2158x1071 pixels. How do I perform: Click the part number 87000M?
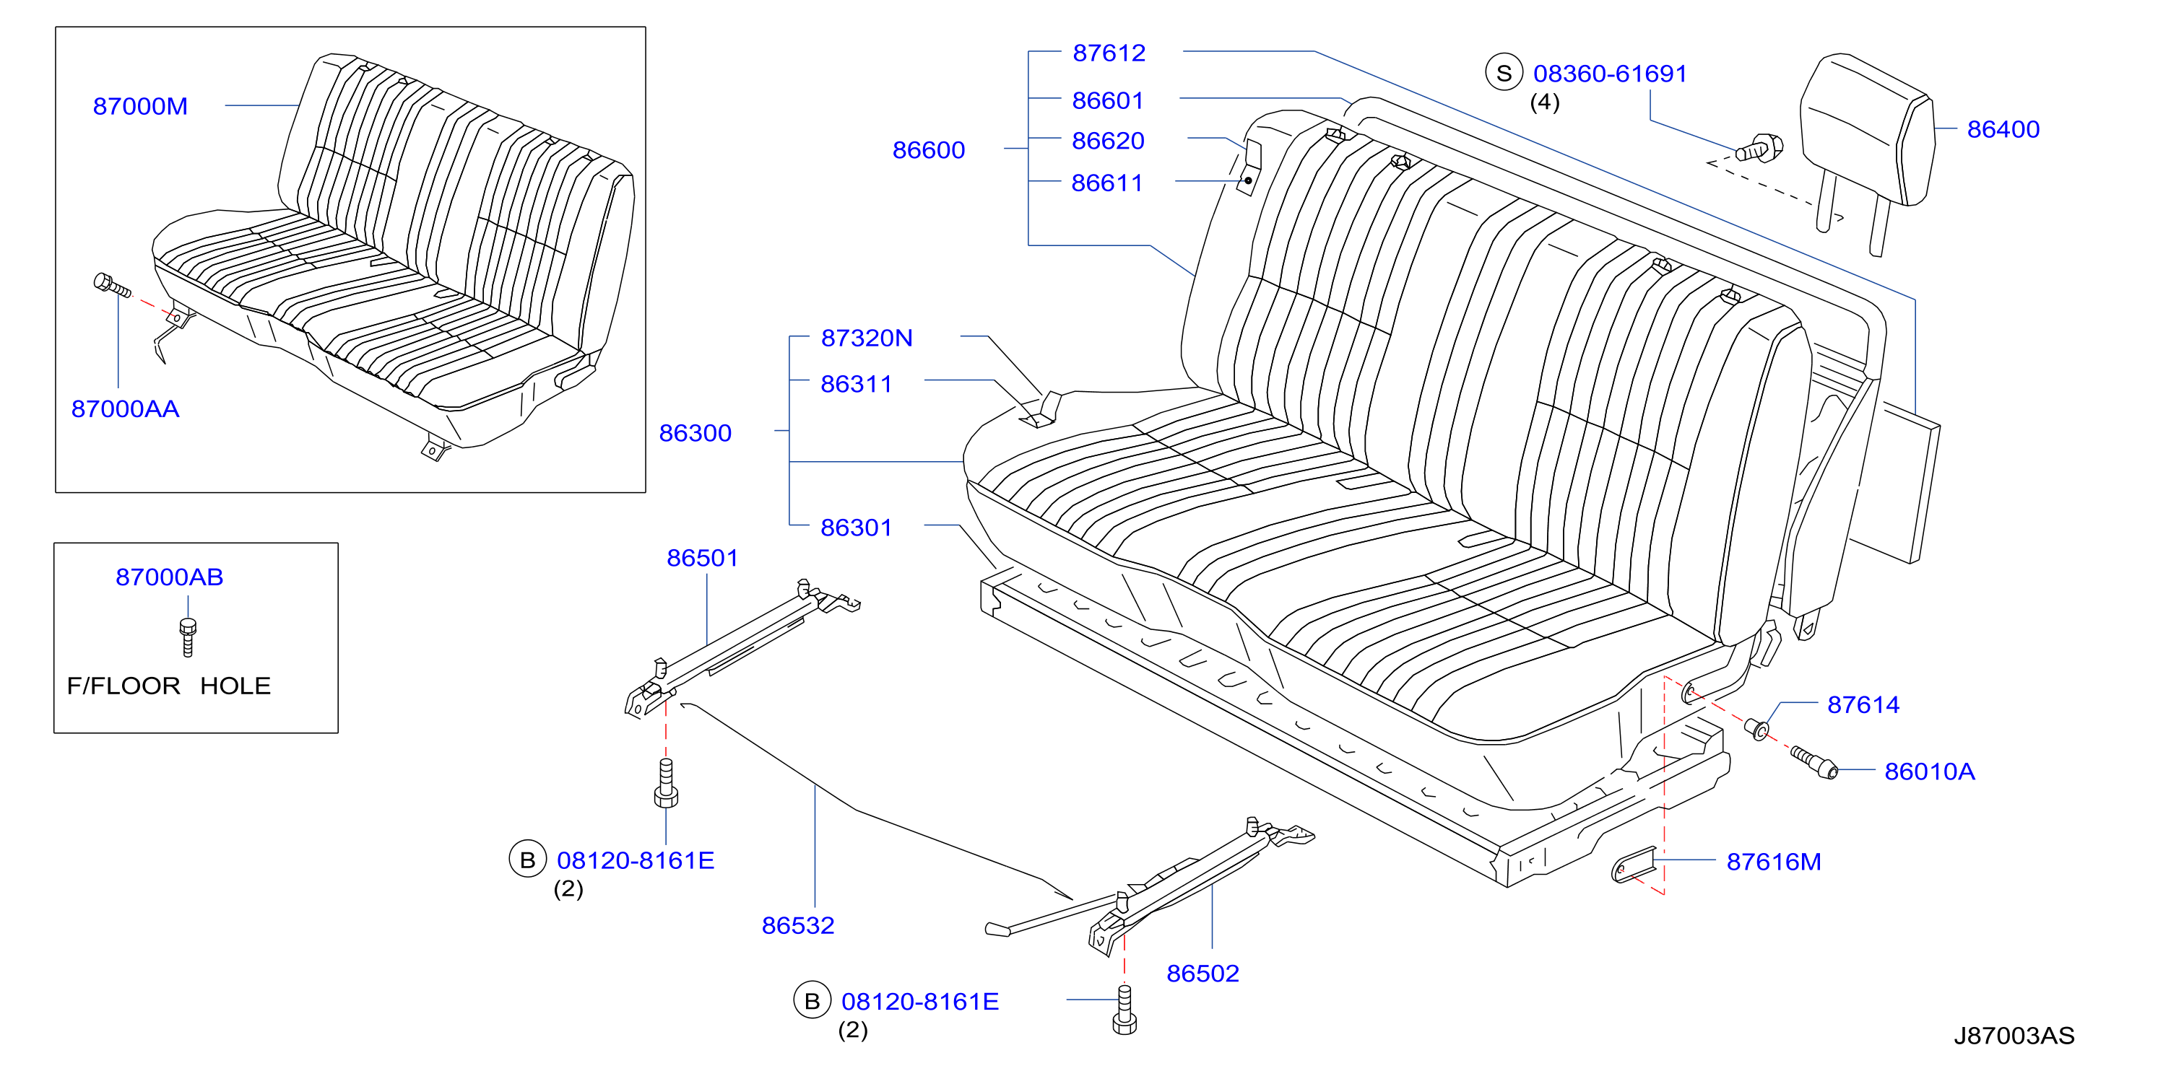click(x=140, y=106)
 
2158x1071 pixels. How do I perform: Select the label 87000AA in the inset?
click(x=125, y=408)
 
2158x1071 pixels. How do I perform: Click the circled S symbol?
click(x=1504, y=73)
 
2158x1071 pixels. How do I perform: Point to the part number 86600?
click(x=928, y=150)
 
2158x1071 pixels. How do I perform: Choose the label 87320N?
click(x=866, y=338)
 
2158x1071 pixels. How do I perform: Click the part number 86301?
click(x=856, y=528)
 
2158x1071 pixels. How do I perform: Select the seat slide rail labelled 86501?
click(x=742, y=649)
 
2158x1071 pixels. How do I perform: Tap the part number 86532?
click(x=797, y=925)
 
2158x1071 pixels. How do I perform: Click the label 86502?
click(x=1202, y=973)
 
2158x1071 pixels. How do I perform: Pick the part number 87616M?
click(x=1774, y=862)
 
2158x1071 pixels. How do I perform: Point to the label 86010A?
click(x=1929, y=771)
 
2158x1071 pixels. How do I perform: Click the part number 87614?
click(x=1863, y=704)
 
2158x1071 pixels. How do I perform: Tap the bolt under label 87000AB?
click(x=188, y=637)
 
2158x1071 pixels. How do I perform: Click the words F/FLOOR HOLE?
click(x=168, y=686)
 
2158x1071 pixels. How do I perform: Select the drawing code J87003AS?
click(x=2014, y=1036)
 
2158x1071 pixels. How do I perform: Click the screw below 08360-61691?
click(x=1759, y=148)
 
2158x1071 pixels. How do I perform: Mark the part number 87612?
click(x=1109, y=53)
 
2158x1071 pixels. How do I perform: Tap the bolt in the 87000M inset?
click(x=112, y=284)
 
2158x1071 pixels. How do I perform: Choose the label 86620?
click(x=1107, y=141)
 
